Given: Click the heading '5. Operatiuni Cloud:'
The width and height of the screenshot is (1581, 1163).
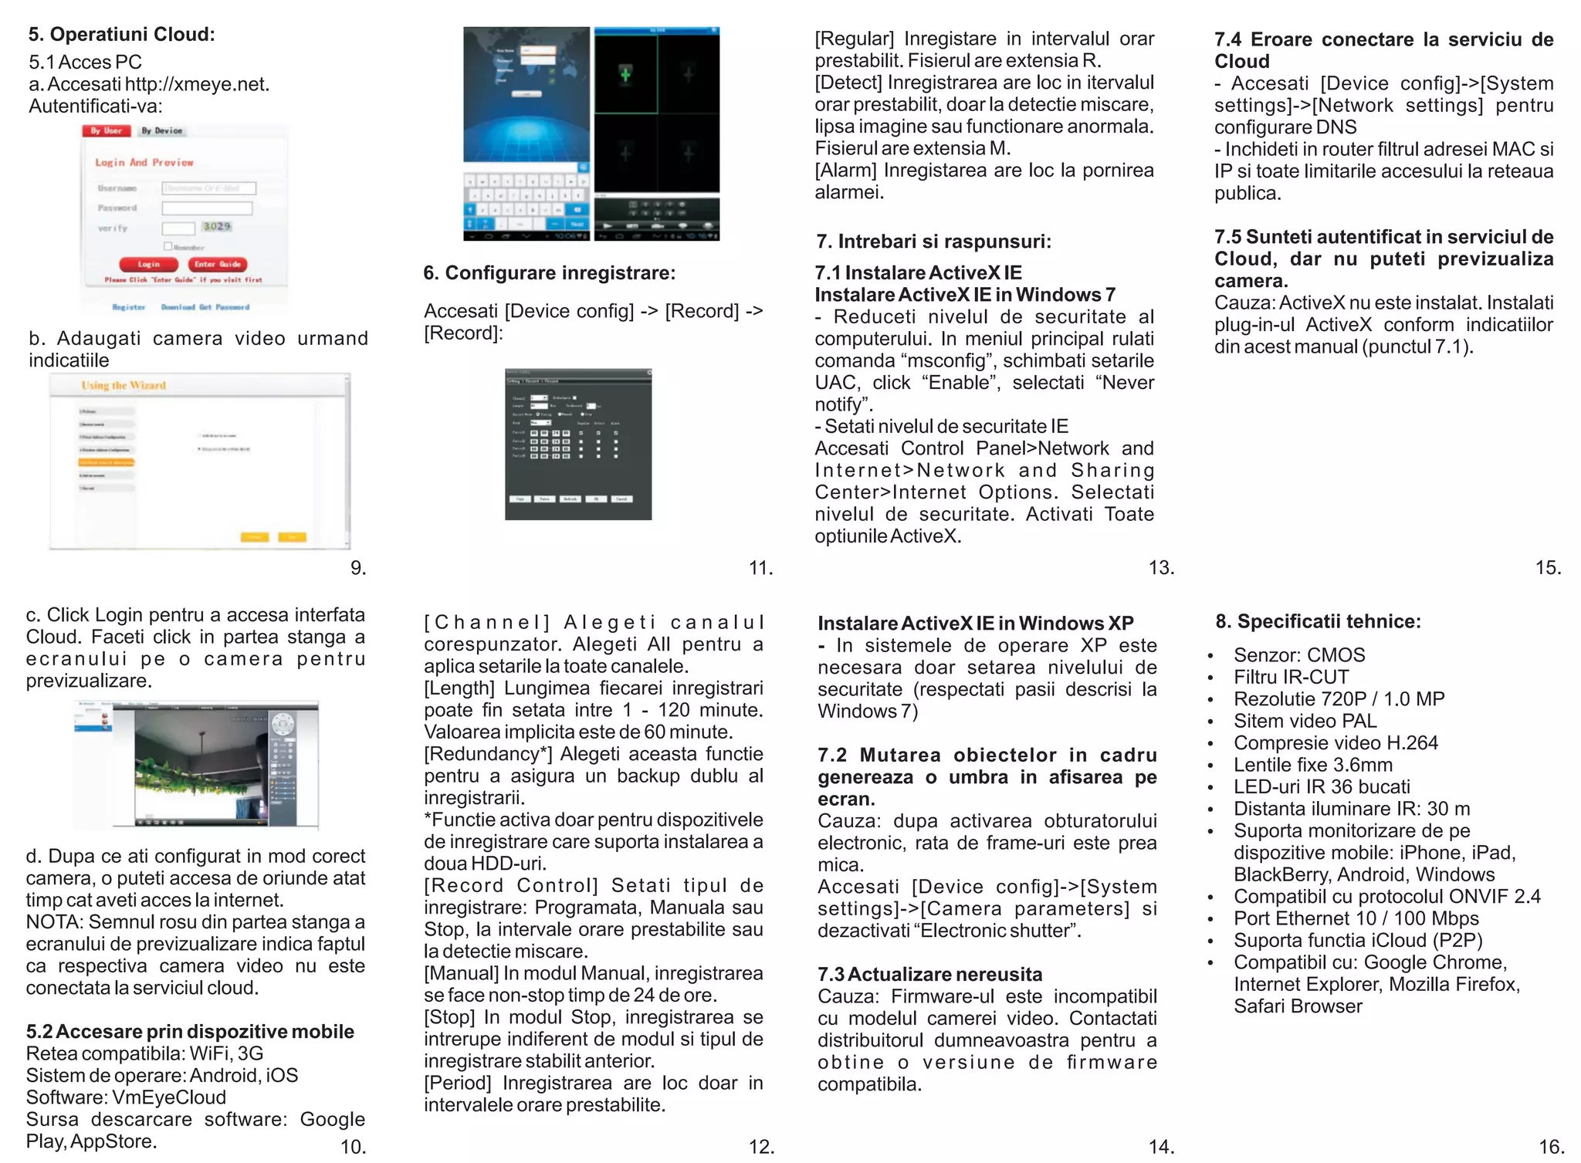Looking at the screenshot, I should pos(121,35).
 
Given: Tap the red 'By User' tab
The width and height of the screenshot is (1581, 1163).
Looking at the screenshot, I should pos(106,130).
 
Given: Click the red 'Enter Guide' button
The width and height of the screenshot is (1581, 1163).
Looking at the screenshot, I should pos(218,264).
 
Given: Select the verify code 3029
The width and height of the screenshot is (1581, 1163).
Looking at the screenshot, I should pos(217,226).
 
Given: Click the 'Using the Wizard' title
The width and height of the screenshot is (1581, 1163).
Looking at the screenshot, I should pos(124,385).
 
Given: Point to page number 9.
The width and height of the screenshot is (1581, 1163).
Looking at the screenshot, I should pos(357,568).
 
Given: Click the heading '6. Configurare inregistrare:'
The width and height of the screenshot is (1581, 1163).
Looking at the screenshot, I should pos(549,273).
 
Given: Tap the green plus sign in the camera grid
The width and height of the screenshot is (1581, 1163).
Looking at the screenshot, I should pos(625,74).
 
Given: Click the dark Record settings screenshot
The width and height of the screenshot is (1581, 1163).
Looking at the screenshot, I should pos(578,445).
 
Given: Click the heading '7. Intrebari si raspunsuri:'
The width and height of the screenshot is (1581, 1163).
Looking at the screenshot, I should pos(933,242).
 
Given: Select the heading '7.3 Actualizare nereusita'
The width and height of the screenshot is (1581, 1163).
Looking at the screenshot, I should pos(929,974).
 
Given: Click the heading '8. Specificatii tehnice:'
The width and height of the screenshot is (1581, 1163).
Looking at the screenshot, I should pos(1318,621).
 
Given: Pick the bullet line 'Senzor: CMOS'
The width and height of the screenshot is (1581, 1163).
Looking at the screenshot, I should pos(1299,655).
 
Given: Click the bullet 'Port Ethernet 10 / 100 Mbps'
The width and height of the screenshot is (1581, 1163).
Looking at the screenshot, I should pos(1356,918).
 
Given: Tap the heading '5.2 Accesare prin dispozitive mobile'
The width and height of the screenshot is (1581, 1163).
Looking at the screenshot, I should pos(190,1032).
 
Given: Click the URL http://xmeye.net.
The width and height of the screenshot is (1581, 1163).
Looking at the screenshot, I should pos(197,84).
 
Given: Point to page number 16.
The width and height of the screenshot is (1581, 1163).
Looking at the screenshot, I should pos(1551,1147).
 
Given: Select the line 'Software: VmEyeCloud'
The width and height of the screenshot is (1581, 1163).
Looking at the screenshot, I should pos(126,1097).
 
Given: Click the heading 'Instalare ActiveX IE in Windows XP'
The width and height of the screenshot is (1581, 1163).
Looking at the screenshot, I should pos(975,624).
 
